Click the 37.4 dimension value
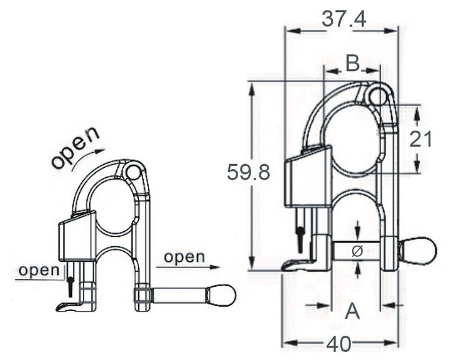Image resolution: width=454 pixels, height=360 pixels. click(344, 20)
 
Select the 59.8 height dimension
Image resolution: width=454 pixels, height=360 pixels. click(248, 172)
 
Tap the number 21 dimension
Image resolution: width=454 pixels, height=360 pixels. click(420, 139)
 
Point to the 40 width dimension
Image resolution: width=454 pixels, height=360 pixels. click(339, 344)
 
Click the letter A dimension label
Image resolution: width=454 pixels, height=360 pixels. click(353, 311)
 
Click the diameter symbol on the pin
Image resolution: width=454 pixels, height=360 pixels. click(358, 251)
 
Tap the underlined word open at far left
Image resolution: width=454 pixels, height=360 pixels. click(39, 270)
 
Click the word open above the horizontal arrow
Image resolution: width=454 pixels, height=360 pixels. click(184, 257)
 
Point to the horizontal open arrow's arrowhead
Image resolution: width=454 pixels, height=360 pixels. click(215, 267)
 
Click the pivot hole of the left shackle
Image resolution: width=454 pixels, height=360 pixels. click(134, 172)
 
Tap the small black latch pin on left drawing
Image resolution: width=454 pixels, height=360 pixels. click(70, 287)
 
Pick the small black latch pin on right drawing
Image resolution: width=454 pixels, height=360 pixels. click(300, 239)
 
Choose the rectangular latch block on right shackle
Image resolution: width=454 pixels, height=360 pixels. click(308, 177)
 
